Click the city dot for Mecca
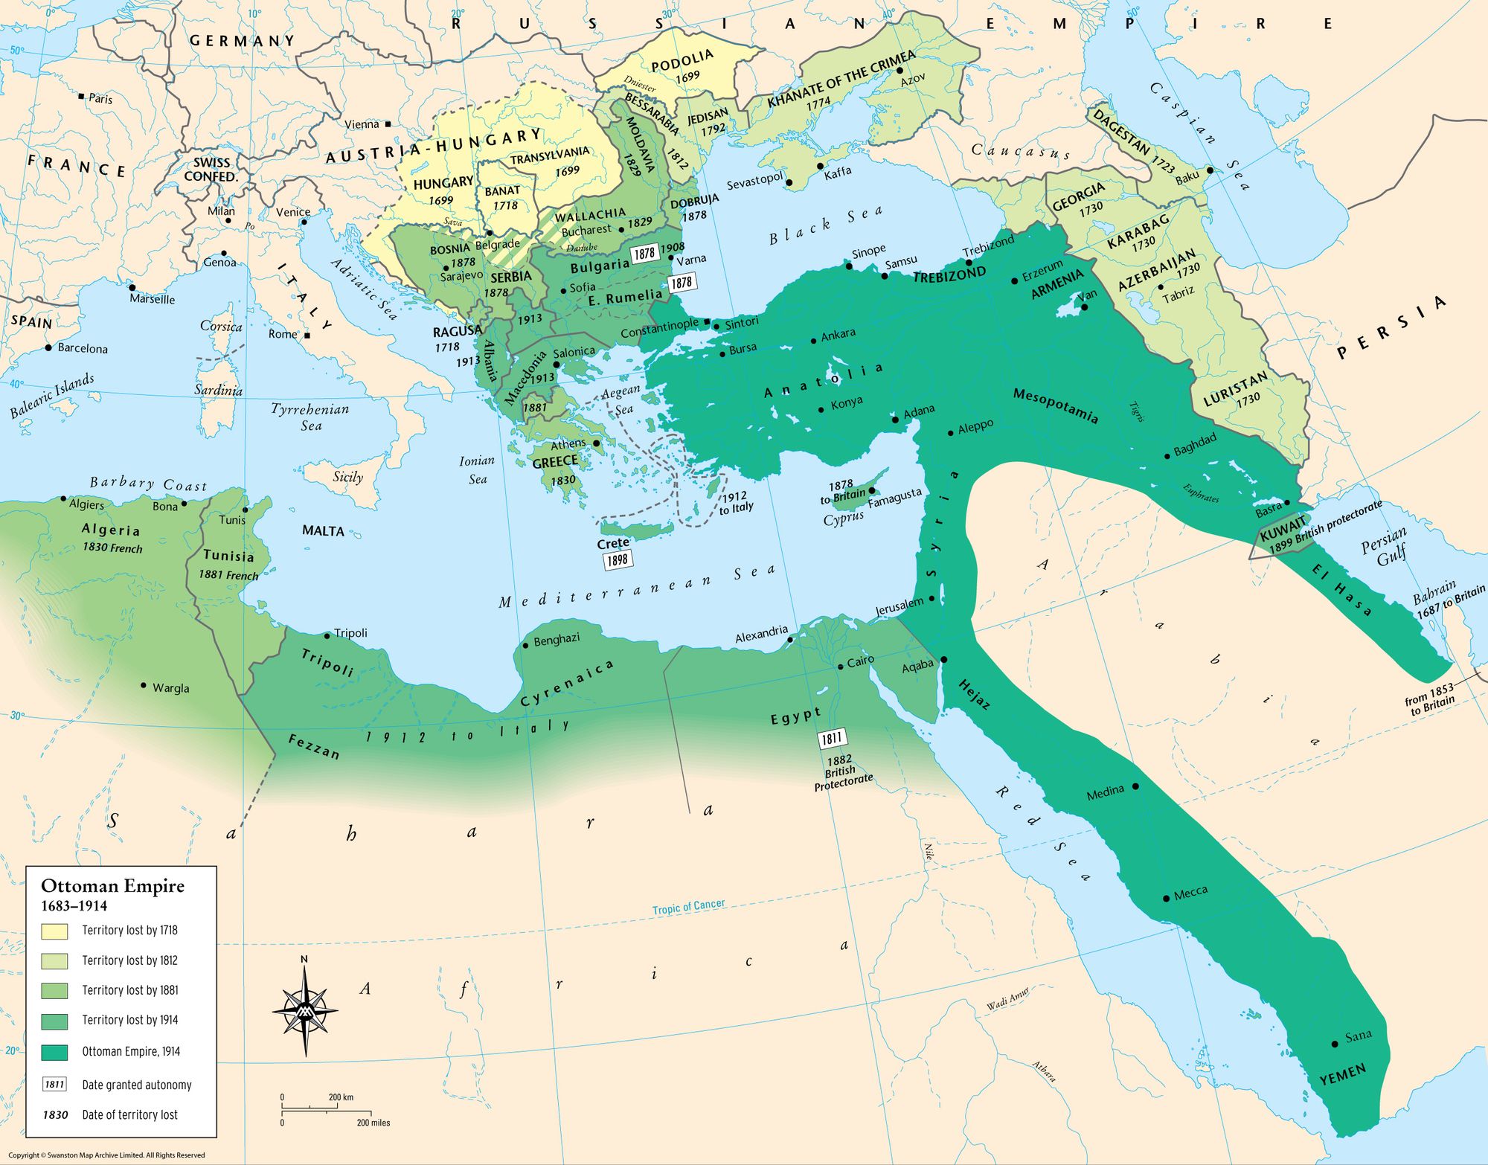click(1166, 898)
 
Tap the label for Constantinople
click(659, 327)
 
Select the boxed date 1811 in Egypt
click(832, 739)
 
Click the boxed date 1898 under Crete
click(618, 559)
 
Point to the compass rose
click(305, 1010)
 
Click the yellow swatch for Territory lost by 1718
click(54, 931)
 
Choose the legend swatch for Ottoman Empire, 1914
click(54, 1052)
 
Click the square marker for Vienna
click(388, 124)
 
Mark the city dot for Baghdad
click(1167, 456)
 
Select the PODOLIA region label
click(682, 61)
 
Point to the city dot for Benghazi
click(526, 645)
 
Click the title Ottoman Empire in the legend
click(112, 886)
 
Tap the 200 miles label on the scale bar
click(373, 1123)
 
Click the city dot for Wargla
click(144, 684)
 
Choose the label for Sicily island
click(347, 477)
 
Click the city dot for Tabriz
click(1160, 287)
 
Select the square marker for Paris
click(81, 97)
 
